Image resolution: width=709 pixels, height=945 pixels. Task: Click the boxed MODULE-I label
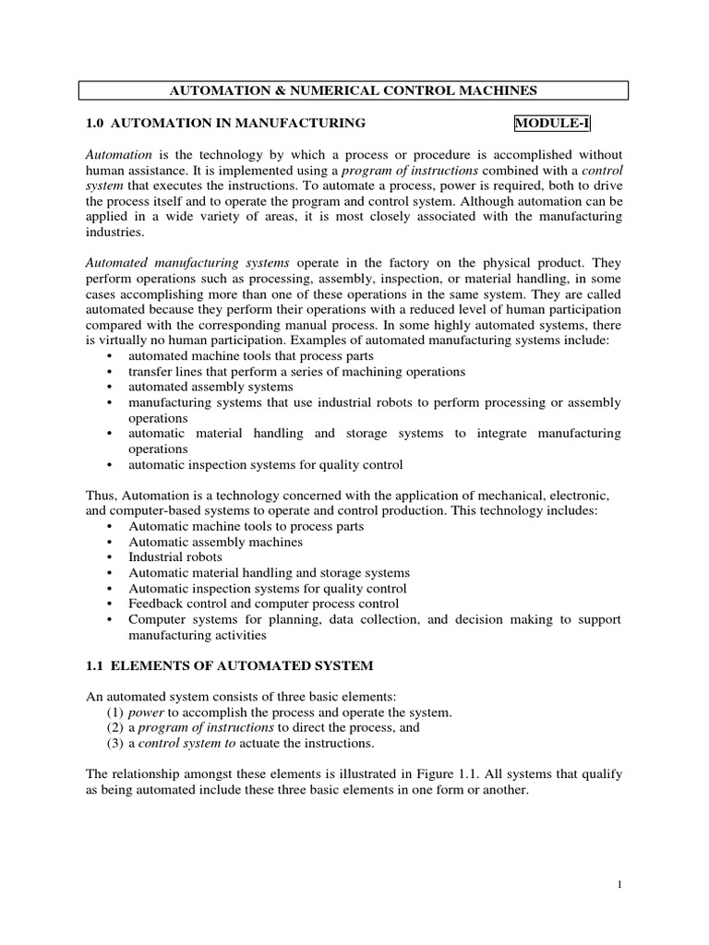(x=551, y=123)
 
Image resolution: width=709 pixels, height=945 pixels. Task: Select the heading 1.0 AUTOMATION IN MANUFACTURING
(x=225, y=123)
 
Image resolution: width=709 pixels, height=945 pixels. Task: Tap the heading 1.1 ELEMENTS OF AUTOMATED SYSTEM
(x=232, y=666)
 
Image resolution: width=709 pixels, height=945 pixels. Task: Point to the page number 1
(x=620, y=884)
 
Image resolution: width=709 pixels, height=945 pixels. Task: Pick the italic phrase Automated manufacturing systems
(x=186, y=263)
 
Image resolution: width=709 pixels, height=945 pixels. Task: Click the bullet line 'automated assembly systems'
(x=210, y=387)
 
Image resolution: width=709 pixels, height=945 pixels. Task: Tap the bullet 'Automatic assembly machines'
(x=216, y=542)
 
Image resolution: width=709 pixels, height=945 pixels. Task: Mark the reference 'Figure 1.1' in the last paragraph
(x=475, y=775)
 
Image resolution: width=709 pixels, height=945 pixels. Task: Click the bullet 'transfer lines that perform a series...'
(x=296, y=371)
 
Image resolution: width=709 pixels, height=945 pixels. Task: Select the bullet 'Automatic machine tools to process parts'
(x=246, y=526)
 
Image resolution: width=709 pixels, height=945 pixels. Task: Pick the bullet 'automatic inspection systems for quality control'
(x=266, y=464)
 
